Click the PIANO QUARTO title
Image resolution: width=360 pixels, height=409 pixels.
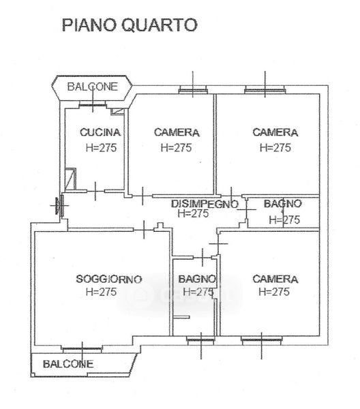tap(130, 25)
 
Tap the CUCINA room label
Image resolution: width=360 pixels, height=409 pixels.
tap(100, 132)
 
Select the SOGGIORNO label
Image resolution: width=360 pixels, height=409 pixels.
tap(109, 279)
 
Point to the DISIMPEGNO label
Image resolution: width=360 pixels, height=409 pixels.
tap(205, 204)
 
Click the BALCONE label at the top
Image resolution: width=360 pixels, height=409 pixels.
tap(93, 87)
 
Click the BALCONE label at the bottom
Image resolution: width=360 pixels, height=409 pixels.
tap(68, 364)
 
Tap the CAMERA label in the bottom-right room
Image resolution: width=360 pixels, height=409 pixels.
tap(275, 279)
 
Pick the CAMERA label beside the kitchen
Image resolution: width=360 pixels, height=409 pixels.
tap(177, 132)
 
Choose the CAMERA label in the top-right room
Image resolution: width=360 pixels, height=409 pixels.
tap(275, 132)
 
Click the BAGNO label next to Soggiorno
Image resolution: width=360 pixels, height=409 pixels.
tap(197, 279)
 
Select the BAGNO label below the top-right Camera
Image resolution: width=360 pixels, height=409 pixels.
tap(283, 204)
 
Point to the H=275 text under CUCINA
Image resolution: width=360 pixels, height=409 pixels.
tap(101, 148)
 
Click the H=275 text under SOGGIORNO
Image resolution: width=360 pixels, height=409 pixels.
tap(101, 292)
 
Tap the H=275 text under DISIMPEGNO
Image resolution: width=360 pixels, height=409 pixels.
tap(194, 213)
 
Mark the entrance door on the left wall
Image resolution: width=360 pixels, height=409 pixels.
tap(61, 205)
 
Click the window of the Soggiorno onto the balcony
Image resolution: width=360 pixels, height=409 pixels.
tap(82, 349)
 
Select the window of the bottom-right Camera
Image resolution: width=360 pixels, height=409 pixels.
tap(262, 340)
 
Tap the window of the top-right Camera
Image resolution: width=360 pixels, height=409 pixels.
tap(265, 91)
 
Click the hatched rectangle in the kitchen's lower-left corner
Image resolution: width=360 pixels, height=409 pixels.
tap(70, 179)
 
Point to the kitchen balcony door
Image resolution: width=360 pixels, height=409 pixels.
tap(93, 105)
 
